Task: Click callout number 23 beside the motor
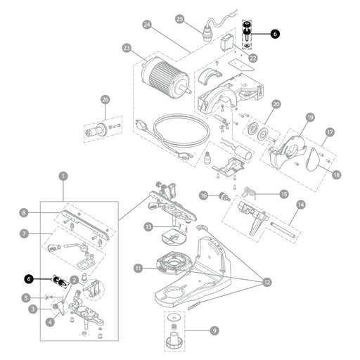(127, 49)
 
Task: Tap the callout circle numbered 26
(105, 100)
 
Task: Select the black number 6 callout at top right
(275, 34)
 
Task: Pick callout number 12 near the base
(267, 282)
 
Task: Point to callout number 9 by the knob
(214, 330)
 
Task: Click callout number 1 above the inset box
(63, 176)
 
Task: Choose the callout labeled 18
(336, 175)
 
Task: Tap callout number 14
(301, 205)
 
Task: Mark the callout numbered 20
(276, 104)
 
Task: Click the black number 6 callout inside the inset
(29, 279)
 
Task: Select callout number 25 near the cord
(180, 19)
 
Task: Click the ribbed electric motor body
(164, 75)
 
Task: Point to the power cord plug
(142, 126)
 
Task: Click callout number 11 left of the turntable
(139, 268)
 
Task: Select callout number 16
(203, 195)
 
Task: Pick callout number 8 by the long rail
(23, 213)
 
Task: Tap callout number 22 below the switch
(252, 58)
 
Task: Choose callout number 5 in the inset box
(26, 298)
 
